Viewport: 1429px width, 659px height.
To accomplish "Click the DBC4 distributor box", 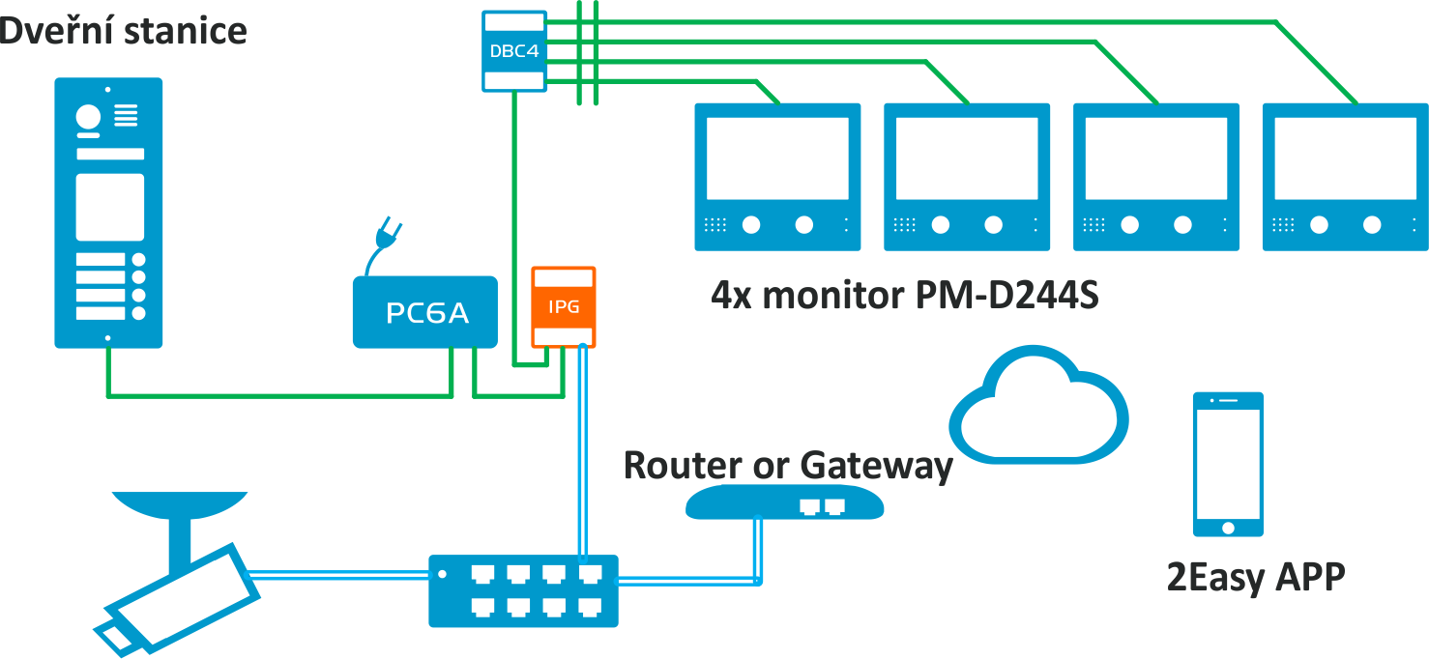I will tap(514, 50).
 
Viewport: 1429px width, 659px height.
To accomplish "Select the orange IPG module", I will tap(564, 306).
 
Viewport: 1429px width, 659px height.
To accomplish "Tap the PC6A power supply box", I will tap(425, 312).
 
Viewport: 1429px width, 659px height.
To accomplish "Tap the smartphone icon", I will tap(1228, 464).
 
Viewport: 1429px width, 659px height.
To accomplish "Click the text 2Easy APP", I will tap(1256, 577).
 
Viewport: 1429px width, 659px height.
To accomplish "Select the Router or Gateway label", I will tap(788, 465).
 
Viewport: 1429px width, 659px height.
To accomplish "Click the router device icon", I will tap(784, 502).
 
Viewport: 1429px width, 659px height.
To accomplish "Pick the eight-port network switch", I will tap(523, 589).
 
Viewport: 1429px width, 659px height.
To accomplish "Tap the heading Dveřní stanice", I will tap(123, 30).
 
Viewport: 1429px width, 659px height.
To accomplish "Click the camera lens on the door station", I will tap(88, 117).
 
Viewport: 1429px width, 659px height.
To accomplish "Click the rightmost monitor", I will tap(1345, 177).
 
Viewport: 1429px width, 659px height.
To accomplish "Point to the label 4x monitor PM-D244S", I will tap(905, 295).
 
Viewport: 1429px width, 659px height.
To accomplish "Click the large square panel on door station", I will tap(110, 207).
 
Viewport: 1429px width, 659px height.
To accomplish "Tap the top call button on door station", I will tap(139, 261).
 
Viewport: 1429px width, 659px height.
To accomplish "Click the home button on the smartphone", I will tap(1228, 528).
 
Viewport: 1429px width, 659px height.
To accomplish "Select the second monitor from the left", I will tap(966, 177).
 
